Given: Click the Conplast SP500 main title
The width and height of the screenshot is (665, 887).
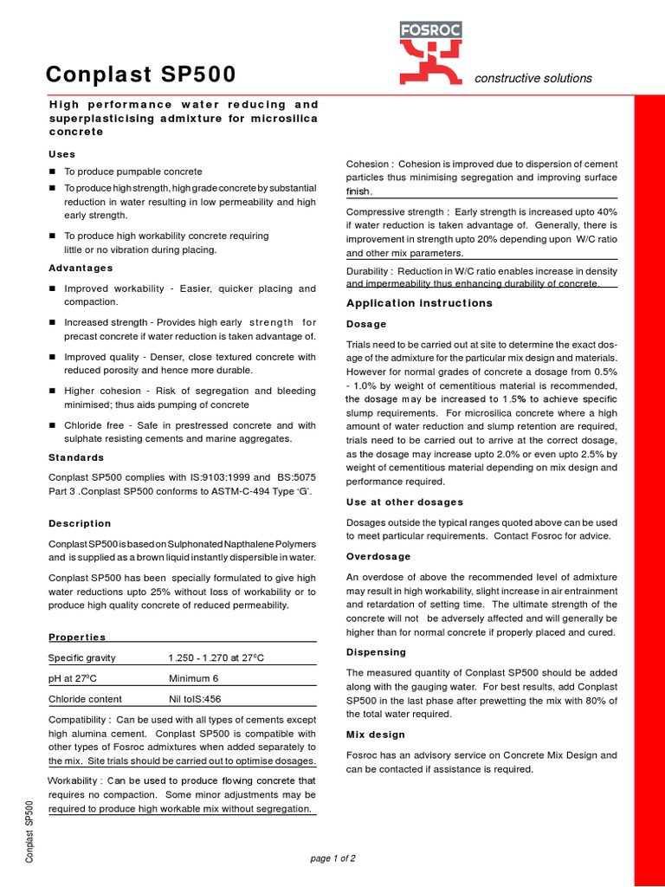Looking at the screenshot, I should (x=140, y=75).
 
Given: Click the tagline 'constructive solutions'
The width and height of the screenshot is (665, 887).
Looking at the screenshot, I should (x=533, y=78).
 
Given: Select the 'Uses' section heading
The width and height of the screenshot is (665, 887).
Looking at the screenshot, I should (x=62, y=154).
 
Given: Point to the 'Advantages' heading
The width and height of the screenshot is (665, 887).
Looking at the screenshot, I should (x=81, y=269).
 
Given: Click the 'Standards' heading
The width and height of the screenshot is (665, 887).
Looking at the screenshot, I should (x=76, y=457).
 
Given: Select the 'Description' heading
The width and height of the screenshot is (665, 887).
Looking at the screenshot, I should (x=80, y=523).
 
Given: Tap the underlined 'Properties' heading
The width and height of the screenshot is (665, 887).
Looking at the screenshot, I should (x=77, y=637).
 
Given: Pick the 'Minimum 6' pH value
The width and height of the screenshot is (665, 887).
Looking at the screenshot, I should (x=194, y=678).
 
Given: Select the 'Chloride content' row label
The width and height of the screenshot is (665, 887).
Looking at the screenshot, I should (x=85, y=699).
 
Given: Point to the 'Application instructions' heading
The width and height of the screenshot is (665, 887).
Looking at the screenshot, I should (x=419, y=303).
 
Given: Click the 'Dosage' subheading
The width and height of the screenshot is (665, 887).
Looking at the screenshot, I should (x=366, y=324).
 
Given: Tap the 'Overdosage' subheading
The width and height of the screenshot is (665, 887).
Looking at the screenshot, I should (x=378, y=556).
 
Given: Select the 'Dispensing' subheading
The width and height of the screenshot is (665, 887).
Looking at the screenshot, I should (x=376, y=651).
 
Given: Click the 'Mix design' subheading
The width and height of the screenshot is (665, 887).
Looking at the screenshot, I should (x=375, y=735).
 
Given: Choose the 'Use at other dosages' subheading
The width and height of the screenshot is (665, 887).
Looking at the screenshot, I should (x=404, y=502).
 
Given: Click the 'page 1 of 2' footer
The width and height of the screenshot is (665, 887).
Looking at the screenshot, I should (x=332, y=858).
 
